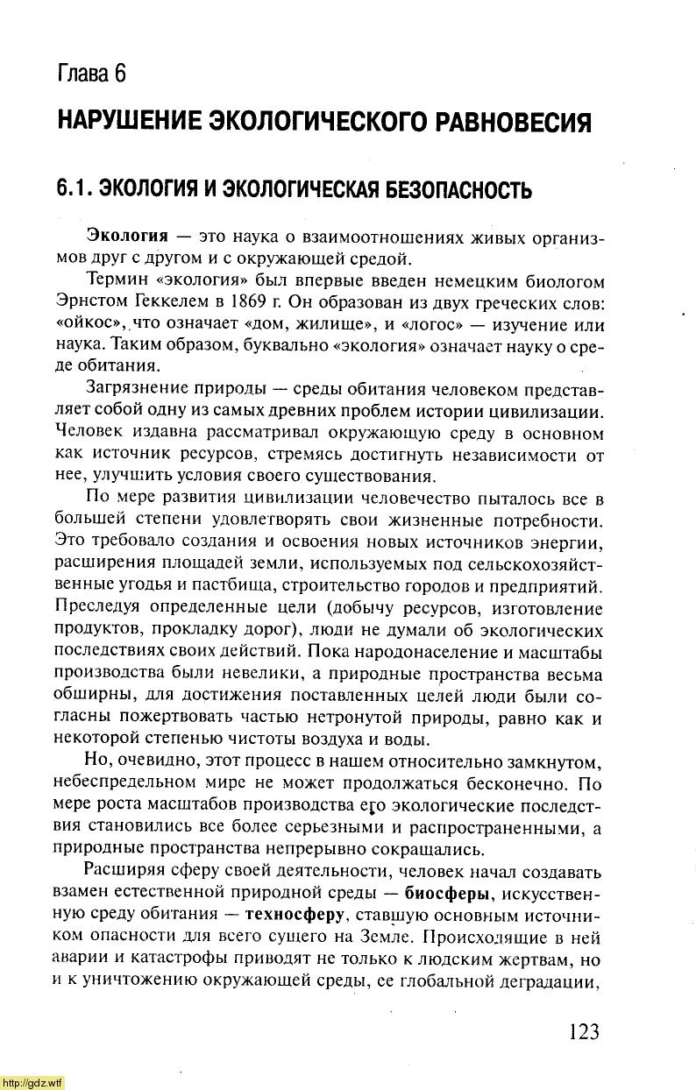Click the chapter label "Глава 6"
coord(92,73)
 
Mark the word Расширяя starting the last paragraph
coord(121,872)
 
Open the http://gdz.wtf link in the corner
coord(32,1083)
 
